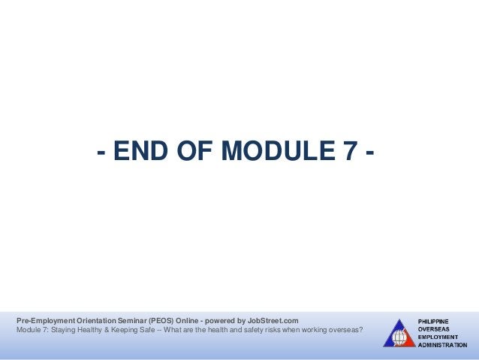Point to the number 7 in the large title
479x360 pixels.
coord(350,153)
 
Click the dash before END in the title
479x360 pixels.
coord(100,155)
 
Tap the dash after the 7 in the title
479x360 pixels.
coord(370,155)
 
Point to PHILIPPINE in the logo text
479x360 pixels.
coord(434,321)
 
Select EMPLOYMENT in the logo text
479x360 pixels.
coord(438,337)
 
